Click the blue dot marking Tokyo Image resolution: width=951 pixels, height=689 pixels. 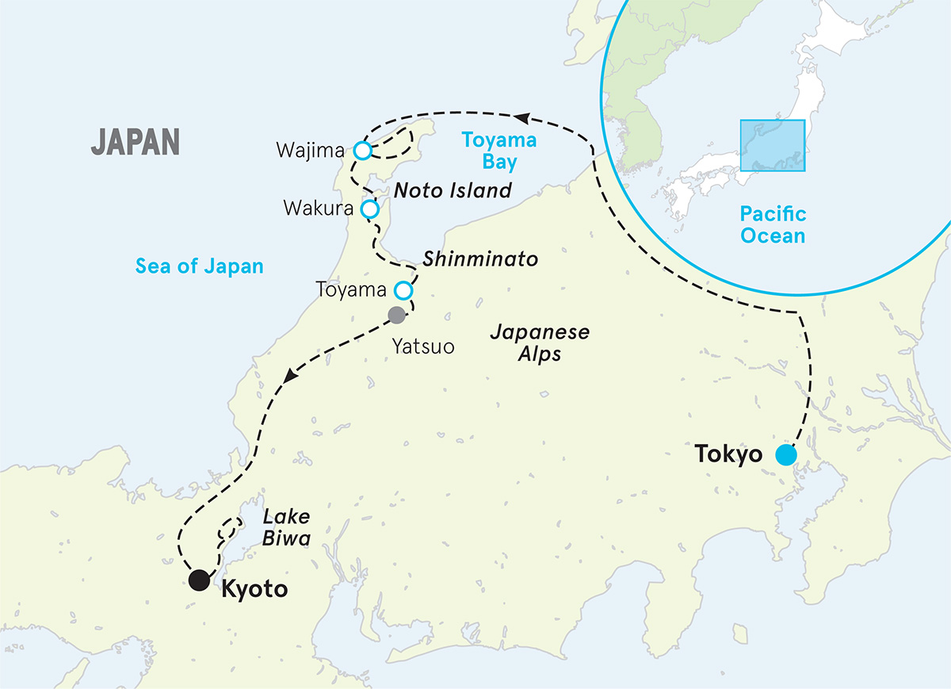point(785,455)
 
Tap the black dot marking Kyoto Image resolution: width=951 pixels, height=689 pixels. point(198,580)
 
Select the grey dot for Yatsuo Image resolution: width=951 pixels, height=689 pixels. point(396,316)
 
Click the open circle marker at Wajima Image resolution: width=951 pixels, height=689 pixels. point(362,151)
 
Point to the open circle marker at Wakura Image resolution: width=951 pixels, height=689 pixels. point(369,209)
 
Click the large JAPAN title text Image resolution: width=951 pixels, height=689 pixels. point(136,142)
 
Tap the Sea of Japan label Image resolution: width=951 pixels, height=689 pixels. point(199,266)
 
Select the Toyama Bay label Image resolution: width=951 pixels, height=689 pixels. point(499,151)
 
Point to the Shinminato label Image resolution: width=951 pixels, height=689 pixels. point(480,259)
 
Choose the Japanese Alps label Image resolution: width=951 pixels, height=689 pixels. point(539,343)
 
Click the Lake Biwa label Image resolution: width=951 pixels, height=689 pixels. point(286,527)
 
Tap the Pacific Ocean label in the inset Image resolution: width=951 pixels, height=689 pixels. point(773,224)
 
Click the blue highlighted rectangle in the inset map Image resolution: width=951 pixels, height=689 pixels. point(773,145)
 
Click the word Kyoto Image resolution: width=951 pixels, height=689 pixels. point(254,589)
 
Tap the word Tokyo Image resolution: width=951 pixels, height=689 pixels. point(728,455)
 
